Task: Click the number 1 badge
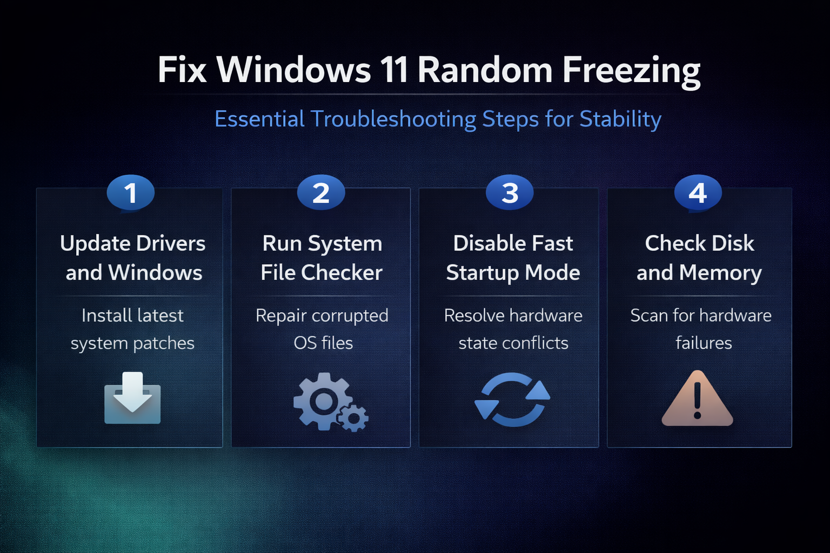tap(130, 193)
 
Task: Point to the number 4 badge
tap(698, 193)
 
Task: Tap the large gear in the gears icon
tap(323, 401)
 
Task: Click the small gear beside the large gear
tap(353, 418)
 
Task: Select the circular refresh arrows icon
tap(512, 400)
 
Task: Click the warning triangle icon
tap(698, 399)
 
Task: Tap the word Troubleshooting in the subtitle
tap(393, 119)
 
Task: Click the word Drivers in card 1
tap(170, 244)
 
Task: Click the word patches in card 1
tap(163, 343)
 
